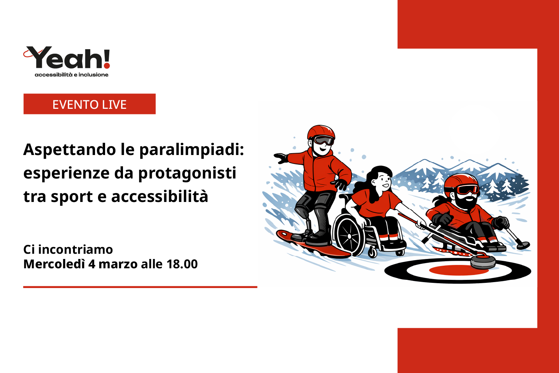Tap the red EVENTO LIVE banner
click(89, 104)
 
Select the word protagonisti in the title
click(187, 173)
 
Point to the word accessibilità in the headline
click(160, 196)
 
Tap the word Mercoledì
click(54, 264)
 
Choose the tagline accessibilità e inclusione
click(72, 75)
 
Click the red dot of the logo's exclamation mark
click(107, 66)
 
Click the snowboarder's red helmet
click(320, 132)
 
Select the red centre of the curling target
click(459, 270)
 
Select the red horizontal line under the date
click(140, 287)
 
